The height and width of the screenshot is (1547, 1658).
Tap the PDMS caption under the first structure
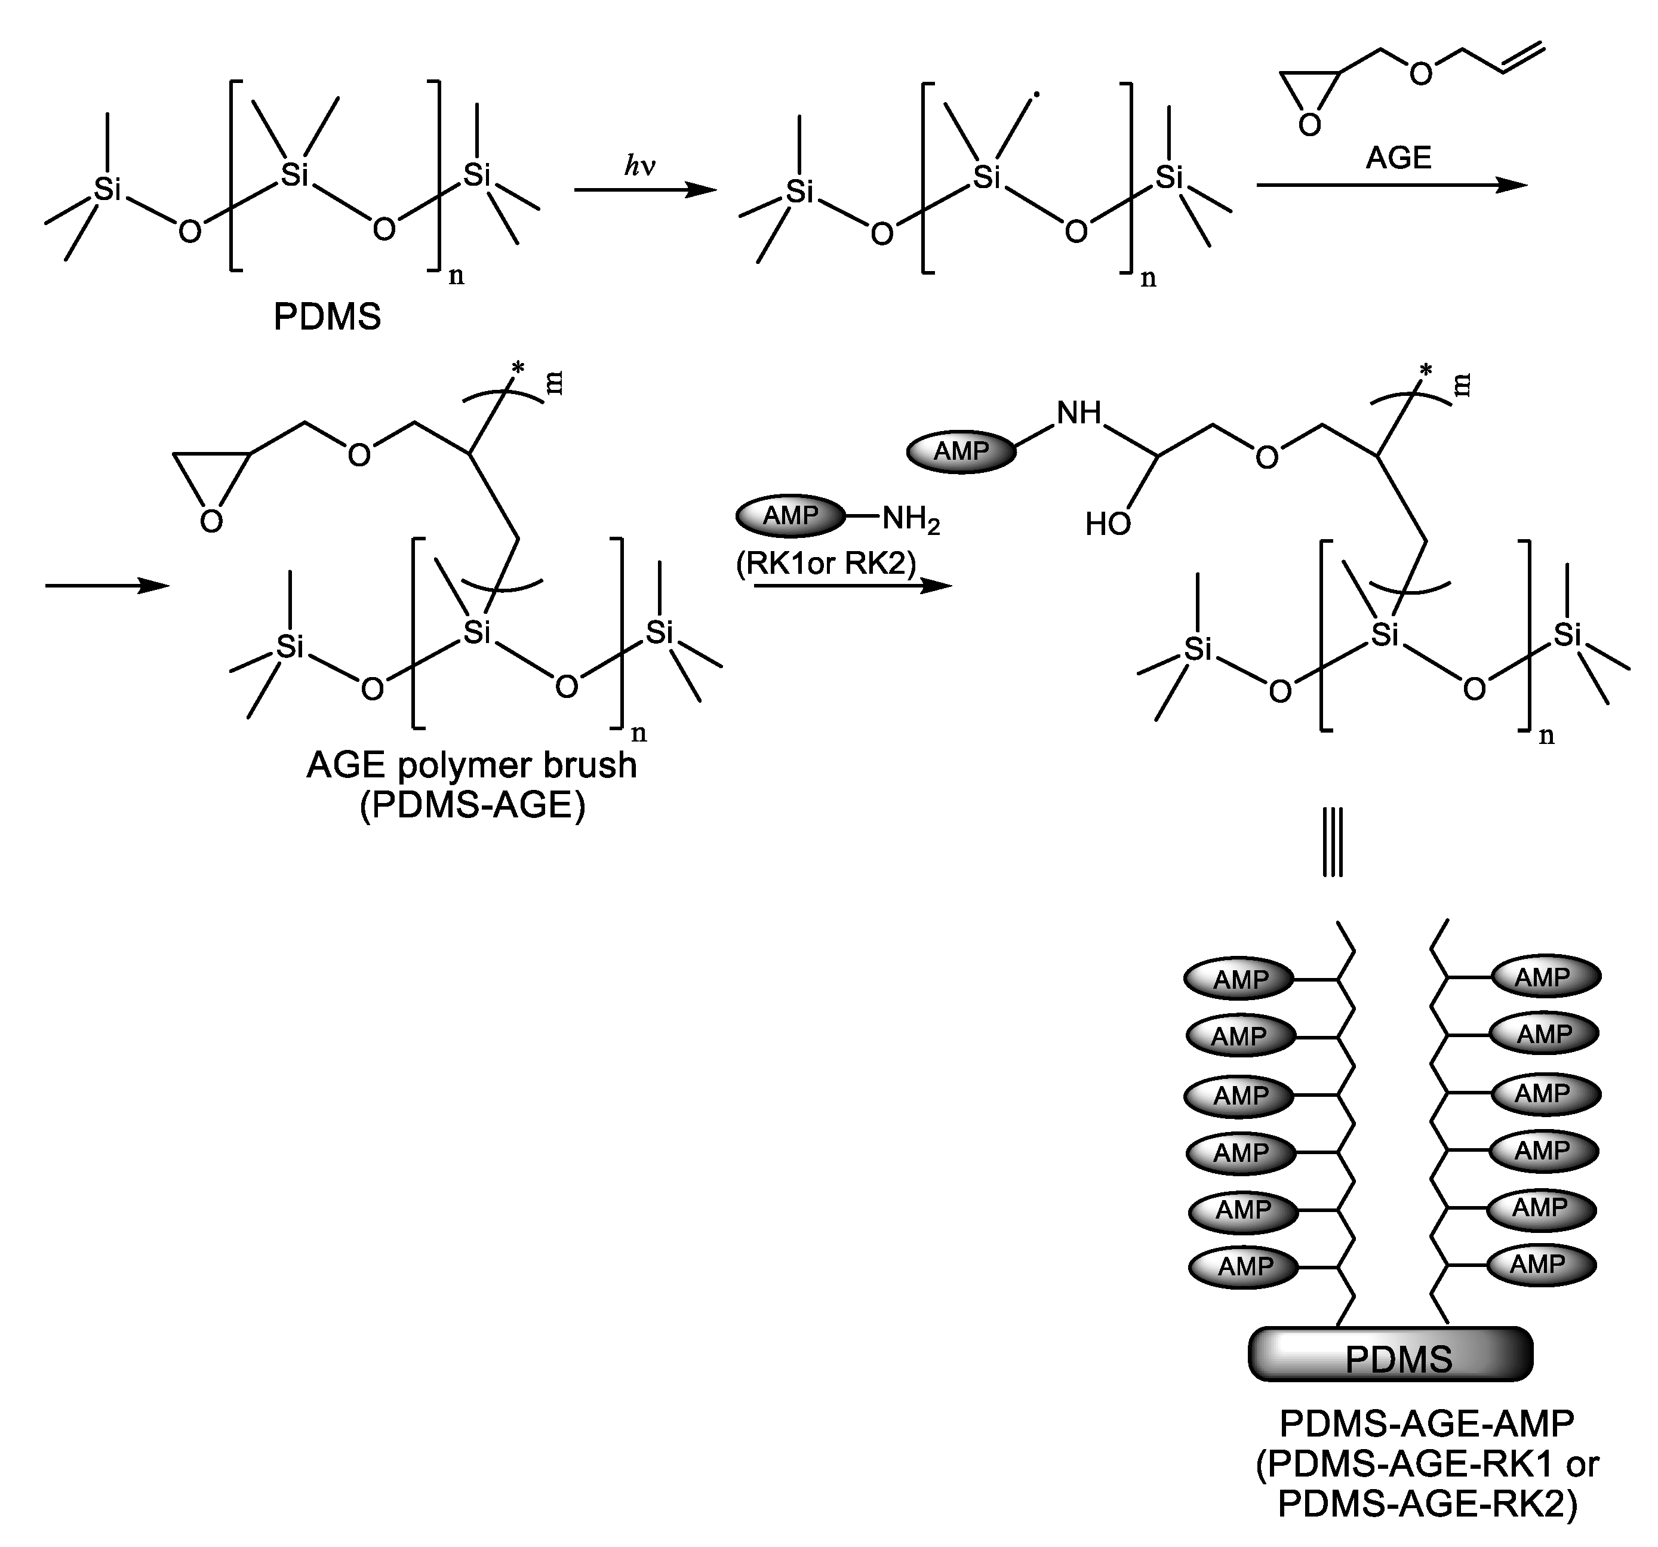click(327, 317)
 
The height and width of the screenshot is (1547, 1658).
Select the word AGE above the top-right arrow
click(1399, 157)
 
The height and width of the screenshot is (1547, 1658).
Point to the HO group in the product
click(1108, 524)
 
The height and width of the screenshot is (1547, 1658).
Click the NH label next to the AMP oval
click(1079, 413)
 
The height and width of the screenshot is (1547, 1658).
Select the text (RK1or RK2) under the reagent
click(826, 564)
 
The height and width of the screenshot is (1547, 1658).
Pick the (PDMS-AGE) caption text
click(472, 805)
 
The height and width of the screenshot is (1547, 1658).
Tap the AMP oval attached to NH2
click(790, 515)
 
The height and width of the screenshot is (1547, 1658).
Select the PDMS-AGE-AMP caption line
click(1426, 1423)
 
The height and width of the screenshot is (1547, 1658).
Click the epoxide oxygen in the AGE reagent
click(1309, 125)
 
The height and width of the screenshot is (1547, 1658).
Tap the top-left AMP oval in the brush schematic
click(1239, 980)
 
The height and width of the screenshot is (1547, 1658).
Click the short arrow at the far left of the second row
click(107, 586)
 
